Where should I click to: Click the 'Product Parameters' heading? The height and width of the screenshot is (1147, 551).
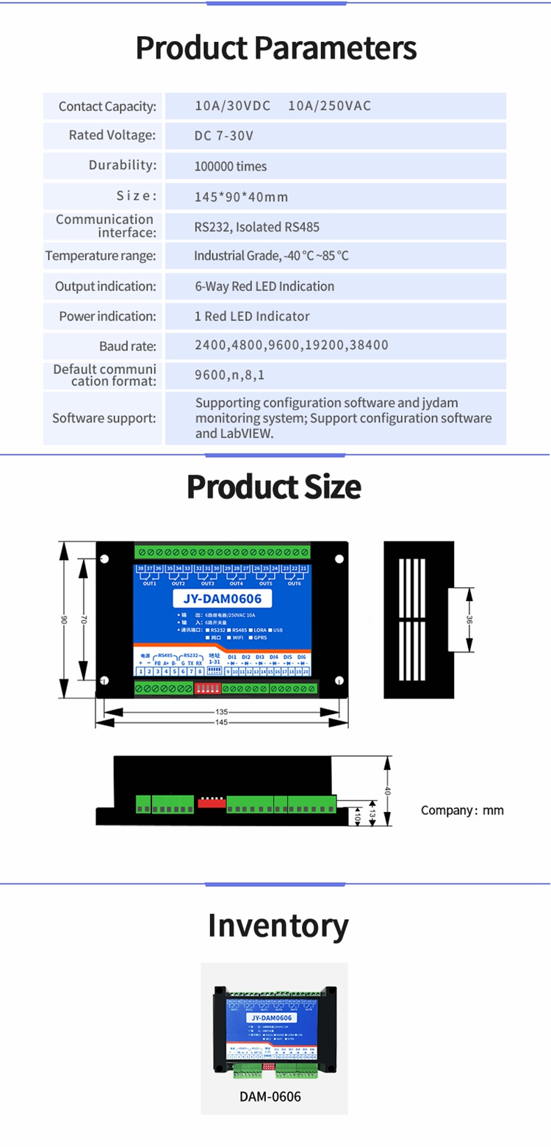(x=275, y=48)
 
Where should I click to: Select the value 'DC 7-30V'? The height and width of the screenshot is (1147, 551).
(x=224, y=136)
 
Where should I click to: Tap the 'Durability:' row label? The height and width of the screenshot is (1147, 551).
(x=123, y=165)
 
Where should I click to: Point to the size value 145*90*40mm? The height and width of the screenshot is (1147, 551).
(x=241, y=197)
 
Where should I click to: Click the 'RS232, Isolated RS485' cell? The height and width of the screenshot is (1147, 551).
(x=256, y=227)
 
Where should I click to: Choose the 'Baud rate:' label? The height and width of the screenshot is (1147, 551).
(x=128, y=346)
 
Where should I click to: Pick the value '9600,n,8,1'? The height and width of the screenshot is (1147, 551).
(x=229, y=375)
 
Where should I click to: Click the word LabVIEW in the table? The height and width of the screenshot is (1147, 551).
(x=244, y=434)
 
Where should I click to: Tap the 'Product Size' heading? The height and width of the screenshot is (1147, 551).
(x=274, y=486)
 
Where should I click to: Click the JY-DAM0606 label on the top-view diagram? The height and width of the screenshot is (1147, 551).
(x=222, y=599)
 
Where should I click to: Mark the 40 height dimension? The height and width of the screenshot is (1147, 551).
(x=386, y=791)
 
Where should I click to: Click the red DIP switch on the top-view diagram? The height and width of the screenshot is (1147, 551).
(x=210, y=688)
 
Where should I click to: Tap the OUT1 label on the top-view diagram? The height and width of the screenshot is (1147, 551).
(x=150, y=583)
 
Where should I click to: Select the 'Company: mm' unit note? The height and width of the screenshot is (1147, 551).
(x=462, y=810)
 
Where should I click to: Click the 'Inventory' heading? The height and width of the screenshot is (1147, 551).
(x=278, y=925)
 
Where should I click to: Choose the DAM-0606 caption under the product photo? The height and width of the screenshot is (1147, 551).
(x=270, y=1097)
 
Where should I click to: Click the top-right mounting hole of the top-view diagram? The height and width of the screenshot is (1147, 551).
(x=339, y=559)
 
